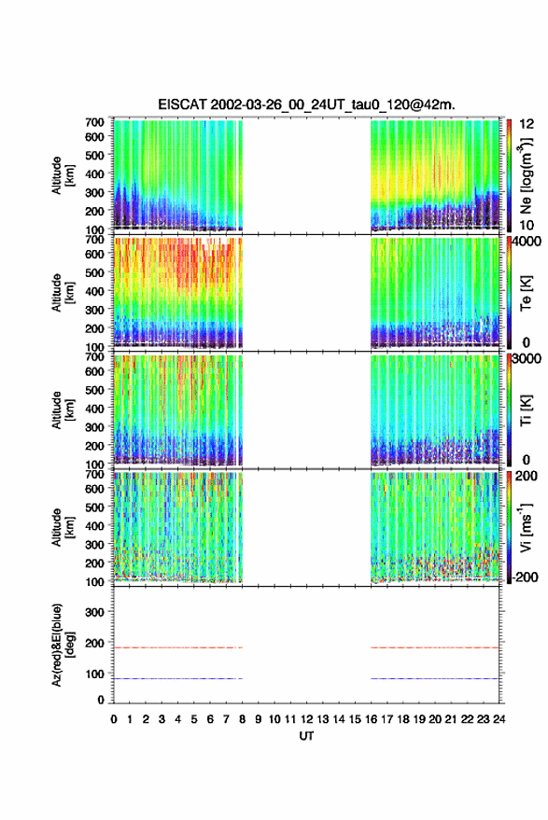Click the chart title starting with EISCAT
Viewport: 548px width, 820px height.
pos(306,104)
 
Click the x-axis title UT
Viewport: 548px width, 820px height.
pos(306,736)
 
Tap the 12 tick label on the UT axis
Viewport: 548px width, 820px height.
pos(307,719)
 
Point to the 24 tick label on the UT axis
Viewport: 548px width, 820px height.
pos(499,719)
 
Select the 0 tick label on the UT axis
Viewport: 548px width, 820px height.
pos(114,719)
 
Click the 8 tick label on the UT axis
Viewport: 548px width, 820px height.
pos(243,719)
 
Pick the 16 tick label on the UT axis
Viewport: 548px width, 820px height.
pos(372,719)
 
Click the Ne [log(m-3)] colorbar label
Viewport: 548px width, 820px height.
pos(527,175)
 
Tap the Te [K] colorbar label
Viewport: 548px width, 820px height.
pos(526,293)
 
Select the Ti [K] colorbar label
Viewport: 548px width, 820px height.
pos(526,410)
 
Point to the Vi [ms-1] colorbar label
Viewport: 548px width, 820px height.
pos(526,528)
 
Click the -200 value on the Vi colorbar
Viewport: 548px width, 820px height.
pos(525,577)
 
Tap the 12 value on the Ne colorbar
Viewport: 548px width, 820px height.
pos(527,124)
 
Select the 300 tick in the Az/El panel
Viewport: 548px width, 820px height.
pos(94,612)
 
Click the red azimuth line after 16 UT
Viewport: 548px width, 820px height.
pos(434,647)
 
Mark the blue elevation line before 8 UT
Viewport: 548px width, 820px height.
pos(178,678)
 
